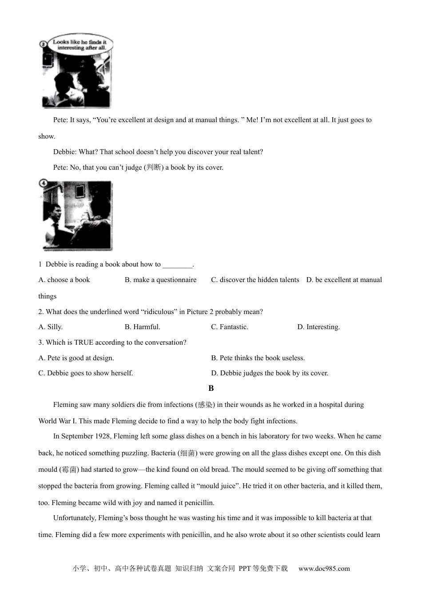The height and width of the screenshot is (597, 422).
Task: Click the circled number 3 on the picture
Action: coord(43,44)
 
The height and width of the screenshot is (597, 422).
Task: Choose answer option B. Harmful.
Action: coord(142,327)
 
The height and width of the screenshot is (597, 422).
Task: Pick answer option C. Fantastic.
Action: coord(229,327)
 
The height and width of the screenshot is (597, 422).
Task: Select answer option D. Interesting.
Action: coord(318,327)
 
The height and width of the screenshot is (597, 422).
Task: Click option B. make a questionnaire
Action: coord(160,280)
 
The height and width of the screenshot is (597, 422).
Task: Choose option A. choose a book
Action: coord(64,280)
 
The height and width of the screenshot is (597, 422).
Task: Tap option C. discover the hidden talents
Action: coord(255,280)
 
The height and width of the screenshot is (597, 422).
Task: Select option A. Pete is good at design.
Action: coord(76,358)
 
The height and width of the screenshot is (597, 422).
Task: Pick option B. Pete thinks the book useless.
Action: coord(258,358)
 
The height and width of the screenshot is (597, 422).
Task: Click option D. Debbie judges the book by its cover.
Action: coord(270,373)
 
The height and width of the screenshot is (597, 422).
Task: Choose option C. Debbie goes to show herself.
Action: coord(85,373)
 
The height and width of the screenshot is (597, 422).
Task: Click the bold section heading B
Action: coord(211,388)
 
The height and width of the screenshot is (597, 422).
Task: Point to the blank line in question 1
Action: coord(177,265)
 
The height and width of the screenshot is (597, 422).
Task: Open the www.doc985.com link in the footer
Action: coord(324,569)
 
